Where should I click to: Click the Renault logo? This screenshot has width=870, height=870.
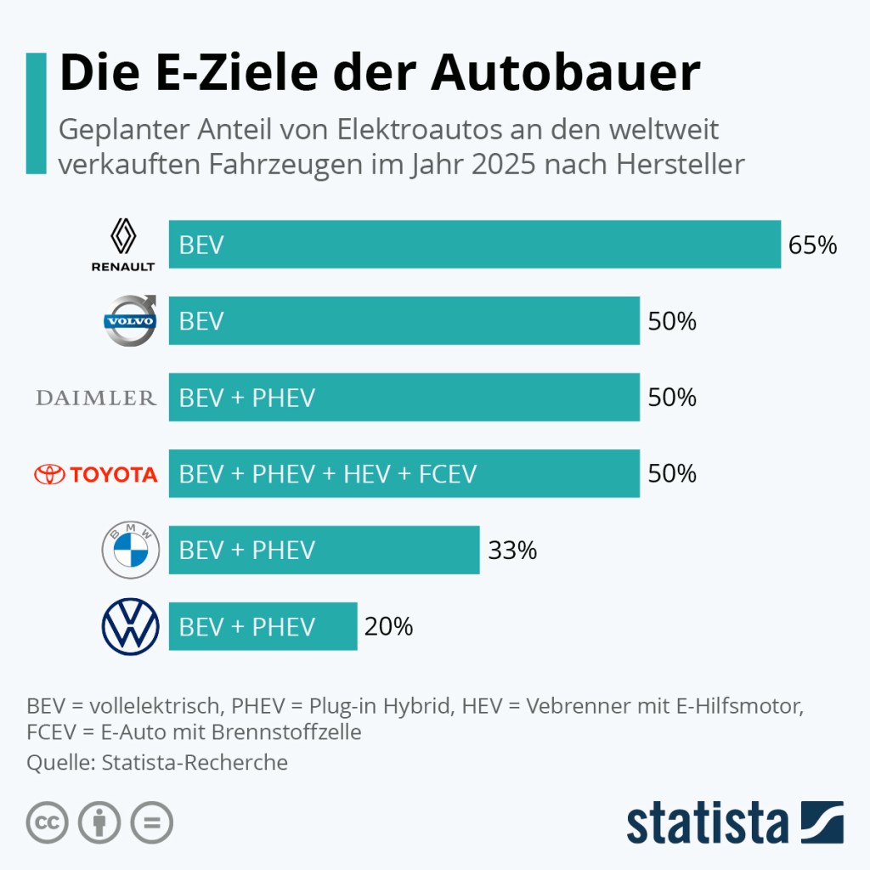click(123, 245)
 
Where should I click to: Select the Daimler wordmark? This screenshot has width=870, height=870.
click(96, 398)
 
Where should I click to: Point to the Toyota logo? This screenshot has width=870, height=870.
click(96, 474)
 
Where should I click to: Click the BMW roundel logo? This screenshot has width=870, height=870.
click(130, 550)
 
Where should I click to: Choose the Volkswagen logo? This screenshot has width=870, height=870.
click(130, 626)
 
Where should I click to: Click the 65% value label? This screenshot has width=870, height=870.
click(813, 246)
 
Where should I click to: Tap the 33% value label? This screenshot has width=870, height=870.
click(512, 551)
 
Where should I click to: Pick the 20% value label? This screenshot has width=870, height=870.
click(388, 627)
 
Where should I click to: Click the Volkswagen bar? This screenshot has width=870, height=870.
click(263, 627)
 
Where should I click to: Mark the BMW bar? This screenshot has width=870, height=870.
click(324, 551)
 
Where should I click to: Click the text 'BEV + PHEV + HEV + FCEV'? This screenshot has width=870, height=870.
click(328, 474)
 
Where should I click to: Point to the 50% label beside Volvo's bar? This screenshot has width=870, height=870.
click(672, 321)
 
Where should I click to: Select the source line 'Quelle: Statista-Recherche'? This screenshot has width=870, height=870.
click(157, 763)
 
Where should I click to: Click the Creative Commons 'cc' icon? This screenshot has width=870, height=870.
click(48, 822)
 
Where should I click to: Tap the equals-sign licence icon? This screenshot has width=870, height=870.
click(151, 822)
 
